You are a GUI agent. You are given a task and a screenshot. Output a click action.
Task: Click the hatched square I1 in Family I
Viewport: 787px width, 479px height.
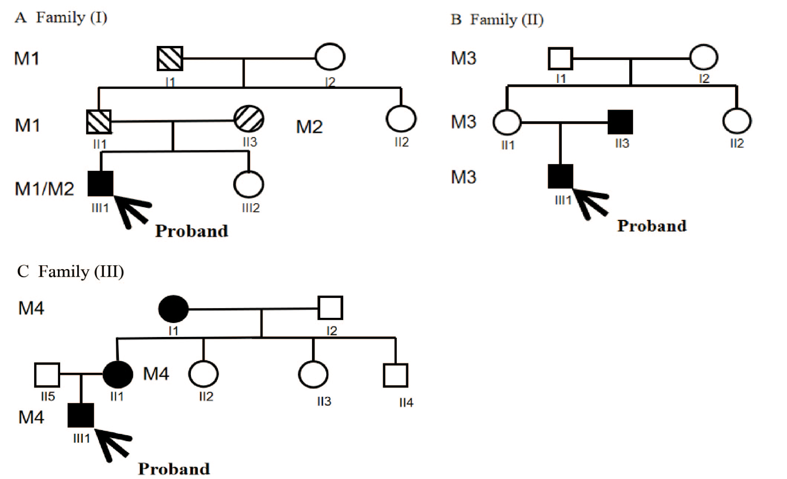[x=170, y=58]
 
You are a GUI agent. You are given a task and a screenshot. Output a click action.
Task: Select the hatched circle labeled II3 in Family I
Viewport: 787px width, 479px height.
[x=249, y=119]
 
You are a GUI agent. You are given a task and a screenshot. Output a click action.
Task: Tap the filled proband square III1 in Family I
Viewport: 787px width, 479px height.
[x=101, y=183]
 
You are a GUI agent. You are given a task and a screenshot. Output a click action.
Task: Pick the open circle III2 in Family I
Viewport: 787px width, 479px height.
[x=248, y=184]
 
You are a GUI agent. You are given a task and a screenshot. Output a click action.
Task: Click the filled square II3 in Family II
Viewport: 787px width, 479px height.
[x=620, y=122]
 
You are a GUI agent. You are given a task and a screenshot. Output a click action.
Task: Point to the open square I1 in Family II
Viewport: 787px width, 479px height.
[x=560, y=58]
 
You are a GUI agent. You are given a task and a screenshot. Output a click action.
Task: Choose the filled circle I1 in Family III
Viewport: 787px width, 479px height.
[x=173, y=309]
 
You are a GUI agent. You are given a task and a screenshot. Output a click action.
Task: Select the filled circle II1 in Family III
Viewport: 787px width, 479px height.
[x=118, y=374]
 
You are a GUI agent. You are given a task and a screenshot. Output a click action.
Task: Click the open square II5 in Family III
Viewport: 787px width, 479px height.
[x=47, y=375]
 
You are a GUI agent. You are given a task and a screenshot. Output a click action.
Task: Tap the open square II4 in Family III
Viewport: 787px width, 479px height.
[x=395, y=376]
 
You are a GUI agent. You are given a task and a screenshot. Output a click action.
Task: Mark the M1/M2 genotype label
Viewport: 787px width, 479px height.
[x=44, y=189]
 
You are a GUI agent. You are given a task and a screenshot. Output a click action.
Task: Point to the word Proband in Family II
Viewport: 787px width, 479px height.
[x=652, y=226]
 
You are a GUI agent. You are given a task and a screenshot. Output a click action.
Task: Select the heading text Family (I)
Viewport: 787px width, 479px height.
[x=71, y=17]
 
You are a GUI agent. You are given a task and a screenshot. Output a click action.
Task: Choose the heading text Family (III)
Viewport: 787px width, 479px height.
[x=81, y=272]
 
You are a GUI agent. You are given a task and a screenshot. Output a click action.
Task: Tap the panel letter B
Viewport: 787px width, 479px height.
[x=456, y=20]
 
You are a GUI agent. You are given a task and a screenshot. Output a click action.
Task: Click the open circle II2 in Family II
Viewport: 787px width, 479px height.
[x=737, y=121]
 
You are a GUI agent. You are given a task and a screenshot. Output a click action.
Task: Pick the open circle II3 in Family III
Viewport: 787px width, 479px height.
[x=313, y=375]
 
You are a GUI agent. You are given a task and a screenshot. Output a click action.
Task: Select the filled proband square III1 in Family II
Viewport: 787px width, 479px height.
[x=560, y=176]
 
